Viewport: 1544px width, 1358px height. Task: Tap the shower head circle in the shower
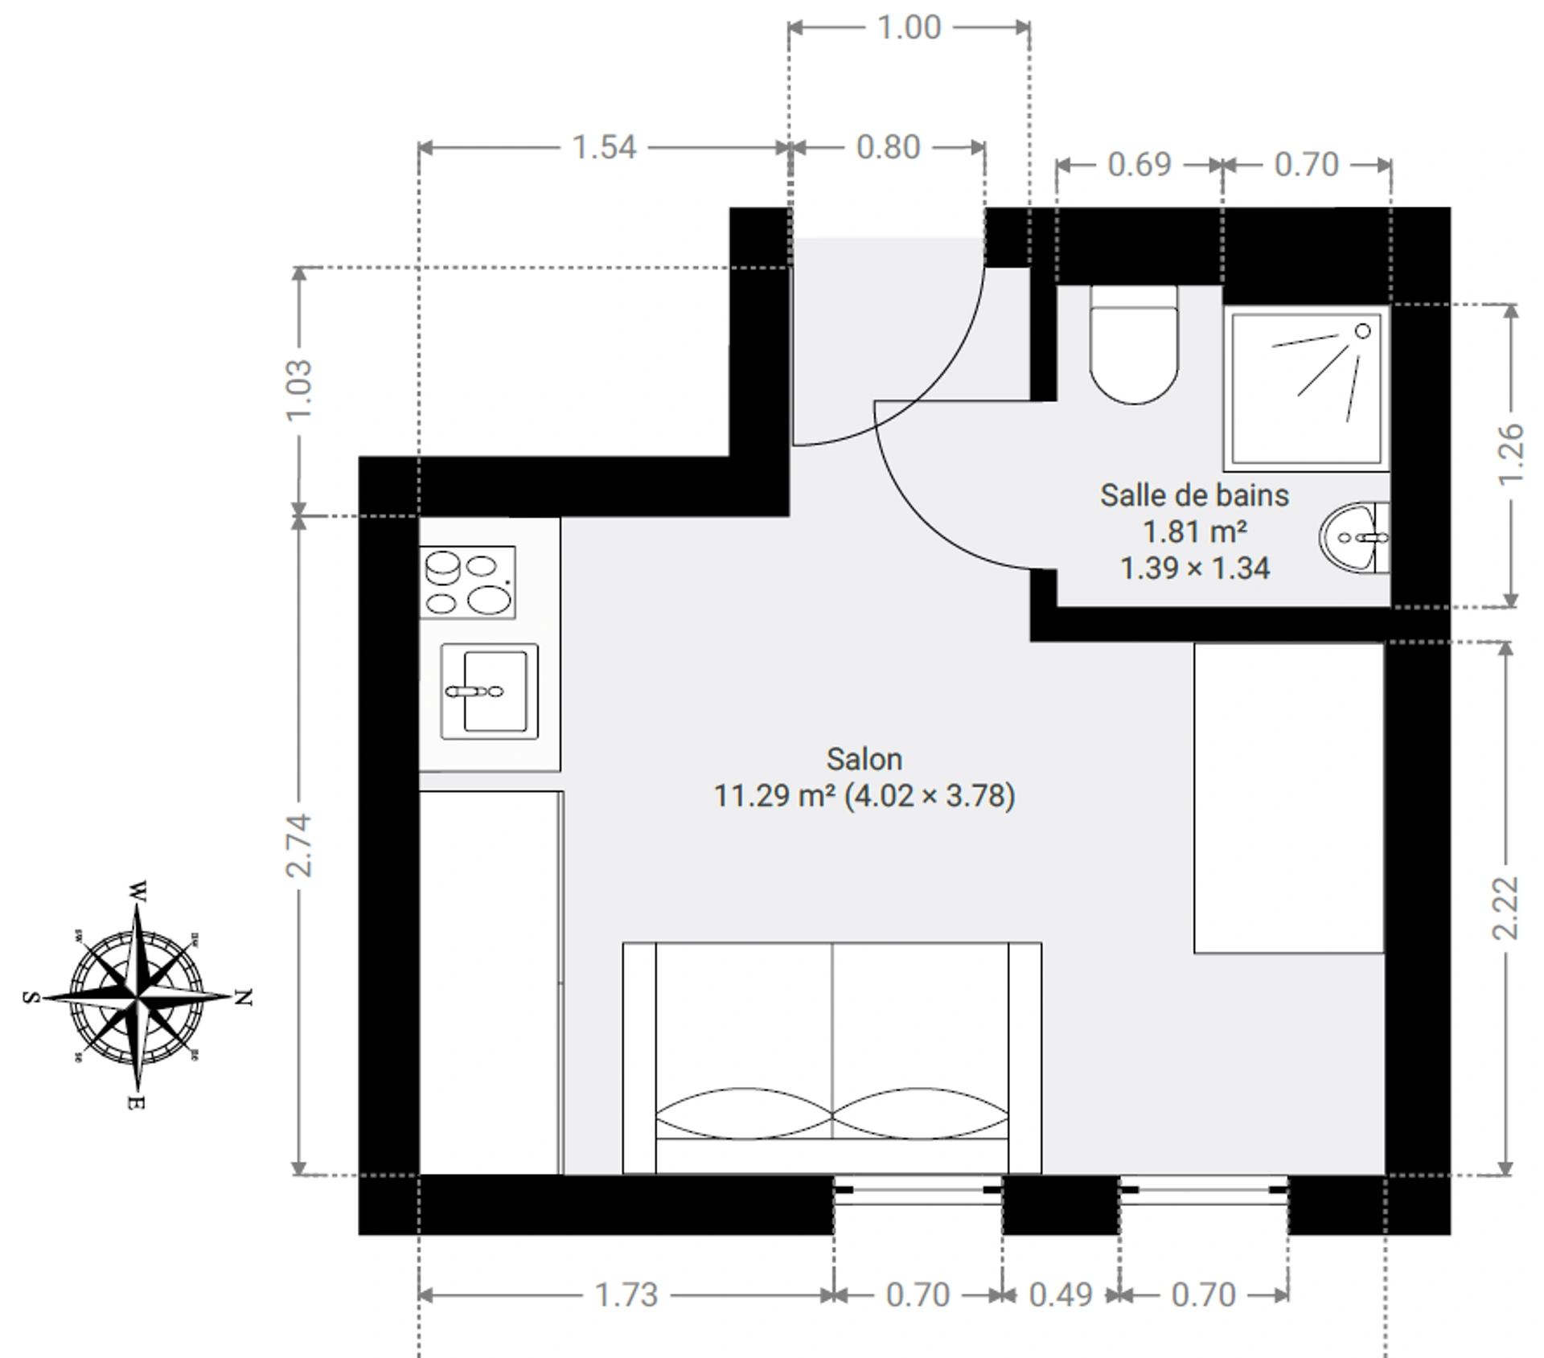coord(1362,330)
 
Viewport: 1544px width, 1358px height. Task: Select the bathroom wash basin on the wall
coord(1354,537)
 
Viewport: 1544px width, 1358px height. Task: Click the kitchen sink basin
coord(489,691)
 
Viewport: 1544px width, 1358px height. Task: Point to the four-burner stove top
coord(467,582)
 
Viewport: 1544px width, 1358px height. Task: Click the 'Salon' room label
coord(864,759)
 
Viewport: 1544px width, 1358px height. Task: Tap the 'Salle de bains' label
coord(1194,495)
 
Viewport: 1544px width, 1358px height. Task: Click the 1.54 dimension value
coord(604,147)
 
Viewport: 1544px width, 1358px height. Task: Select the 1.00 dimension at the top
coord(909,27)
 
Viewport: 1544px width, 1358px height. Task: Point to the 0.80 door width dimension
coord(888,147)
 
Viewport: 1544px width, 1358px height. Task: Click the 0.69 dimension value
coord(1140,164)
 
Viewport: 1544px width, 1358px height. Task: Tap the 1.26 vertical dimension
coord(1512,454)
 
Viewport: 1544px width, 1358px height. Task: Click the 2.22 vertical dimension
coord(1505,908)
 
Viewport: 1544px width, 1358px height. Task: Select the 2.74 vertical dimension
coord(298,845)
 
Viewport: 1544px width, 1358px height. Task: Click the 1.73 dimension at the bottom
coord(626,1294)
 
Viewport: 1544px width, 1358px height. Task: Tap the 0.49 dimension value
coord(1061,1294)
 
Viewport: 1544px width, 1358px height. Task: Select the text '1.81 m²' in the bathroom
coord(1195,531)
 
